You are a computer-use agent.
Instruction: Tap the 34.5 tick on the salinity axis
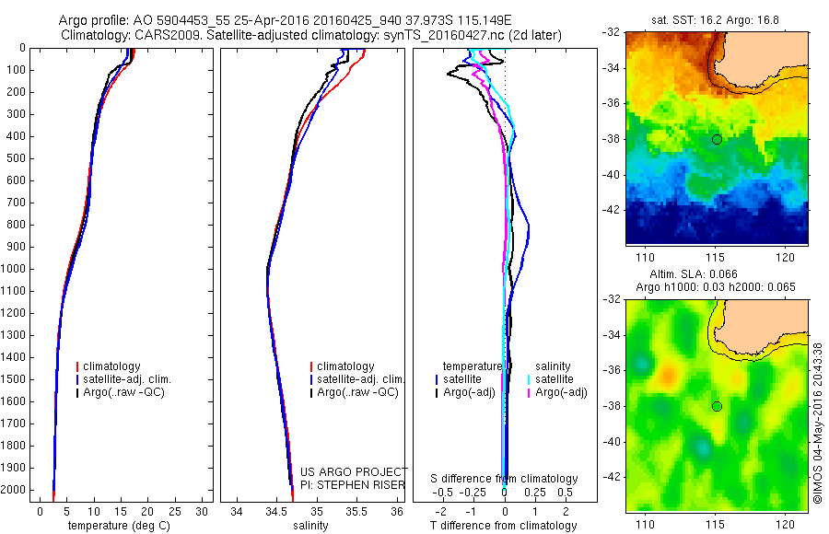275,510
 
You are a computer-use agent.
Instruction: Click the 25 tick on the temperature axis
175,510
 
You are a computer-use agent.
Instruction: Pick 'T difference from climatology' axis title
503,526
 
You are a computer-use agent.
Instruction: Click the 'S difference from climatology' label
504,479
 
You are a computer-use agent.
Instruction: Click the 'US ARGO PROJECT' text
355,471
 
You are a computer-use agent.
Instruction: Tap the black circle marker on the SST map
717,139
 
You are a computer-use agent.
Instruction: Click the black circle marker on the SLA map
717,406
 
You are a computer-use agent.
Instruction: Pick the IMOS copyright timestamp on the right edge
818,422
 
